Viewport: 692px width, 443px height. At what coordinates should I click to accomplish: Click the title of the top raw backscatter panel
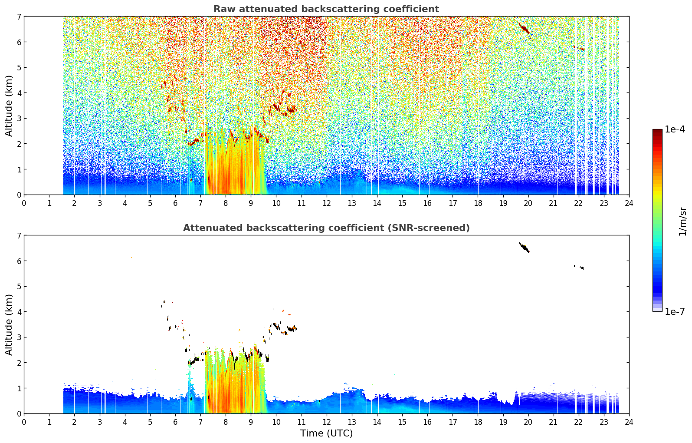pyautogui.click(x=326, y=9)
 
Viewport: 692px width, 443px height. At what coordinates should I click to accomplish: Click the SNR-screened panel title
pyautogui.click(x=326, y=228)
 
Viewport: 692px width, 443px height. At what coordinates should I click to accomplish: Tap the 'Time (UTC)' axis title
pyautogui.click(x=326, y=433)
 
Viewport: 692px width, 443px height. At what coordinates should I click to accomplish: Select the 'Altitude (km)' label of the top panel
pyautogui.click(x=9, y=106)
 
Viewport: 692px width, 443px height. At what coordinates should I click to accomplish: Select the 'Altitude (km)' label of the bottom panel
pyautogui.click(x=9, y=324)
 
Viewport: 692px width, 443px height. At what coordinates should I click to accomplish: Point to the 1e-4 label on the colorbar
pyautogui.click(x=675, y=129)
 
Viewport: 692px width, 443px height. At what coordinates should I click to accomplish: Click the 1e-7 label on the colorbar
pyautogui.click(x=675, y=311)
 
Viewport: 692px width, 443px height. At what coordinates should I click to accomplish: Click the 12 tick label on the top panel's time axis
pyautogui.click(x=327, y=203)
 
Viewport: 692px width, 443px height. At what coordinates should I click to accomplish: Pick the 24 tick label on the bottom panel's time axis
pyautogui.click(x=629, y=422)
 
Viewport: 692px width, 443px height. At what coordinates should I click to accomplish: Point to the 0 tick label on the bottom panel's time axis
pyautogui.click(x=24, y=422)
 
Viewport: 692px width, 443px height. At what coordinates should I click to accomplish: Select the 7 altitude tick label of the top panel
pyautogui.click(x=19, y=17)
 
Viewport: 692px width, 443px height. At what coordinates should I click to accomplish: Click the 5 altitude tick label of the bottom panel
pyautogui.click(x=19, y=287)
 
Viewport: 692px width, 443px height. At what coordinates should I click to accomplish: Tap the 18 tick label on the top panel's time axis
pyautogui.click(x=478, y=203)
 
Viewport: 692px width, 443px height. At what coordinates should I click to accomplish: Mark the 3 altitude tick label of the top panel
pyautogui.click(x=19, y=119)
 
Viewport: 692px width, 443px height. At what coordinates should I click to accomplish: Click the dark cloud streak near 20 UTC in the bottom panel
pyautogui.click(x=524, y=247)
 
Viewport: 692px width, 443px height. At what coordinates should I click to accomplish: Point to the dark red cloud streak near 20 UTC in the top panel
pyautogui.click(x=524, y=29)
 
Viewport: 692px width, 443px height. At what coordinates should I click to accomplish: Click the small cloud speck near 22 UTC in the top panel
pyautogui.click(x=582, y=49)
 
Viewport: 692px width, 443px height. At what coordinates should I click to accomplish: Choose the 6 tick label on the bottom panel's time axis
pyautogui.click(x=175, y=422)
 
